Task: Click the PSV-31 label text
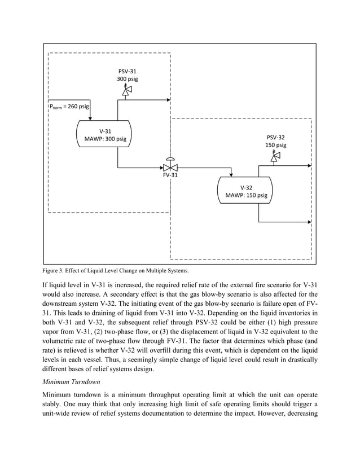click(x=127, y=71)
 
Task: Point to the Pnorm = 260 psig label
click(x=69, y=105)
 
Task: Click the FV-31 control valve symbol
click(x=170, y=167)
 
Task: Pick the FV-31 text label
click(x=170, y=175)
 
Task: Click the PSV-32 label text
click(x=275, y=137)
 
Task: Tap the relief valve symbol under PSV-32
click(x=275, y=157)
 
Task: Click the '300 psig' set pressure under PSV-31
click(x=127, y=79)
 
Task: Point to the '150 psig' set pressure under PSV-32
click(x=275, y=145)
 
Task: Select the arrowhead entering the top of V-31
click(x=90, y=117)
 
